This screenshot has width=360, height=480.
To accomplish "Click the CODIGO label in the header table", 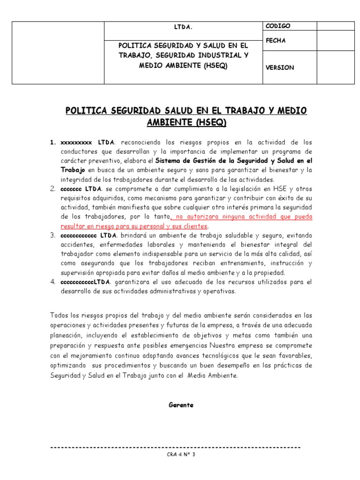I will click(x=278, y=26).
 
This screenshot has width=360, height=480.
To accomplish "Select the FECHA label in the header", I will click(x=276, y=41).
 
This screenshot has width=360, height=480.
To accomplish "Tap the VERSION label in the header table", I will click(x=280, y=67).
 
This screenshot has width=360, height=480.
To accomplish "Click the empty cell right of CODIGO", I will click(x=336, y=26).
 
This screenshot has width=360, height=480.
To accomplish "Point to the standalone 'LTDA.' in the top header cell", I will click(x=183, y=27).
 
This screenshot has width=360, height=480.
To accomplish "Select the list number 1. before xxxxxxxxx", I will click(x=53, y=142).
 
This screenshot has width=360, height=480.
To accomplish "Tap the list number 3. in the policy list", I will click(x=53, y=235).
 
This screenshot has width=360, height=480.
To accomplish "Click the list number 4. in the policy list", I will click(x=53, y=282).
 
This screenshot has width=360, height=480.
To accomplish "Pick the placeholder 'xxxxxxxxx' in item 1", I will click(x=78, y=142).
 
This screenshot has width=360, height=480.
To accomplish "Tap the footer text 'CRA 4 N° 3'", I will click(x=180, y=454).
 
